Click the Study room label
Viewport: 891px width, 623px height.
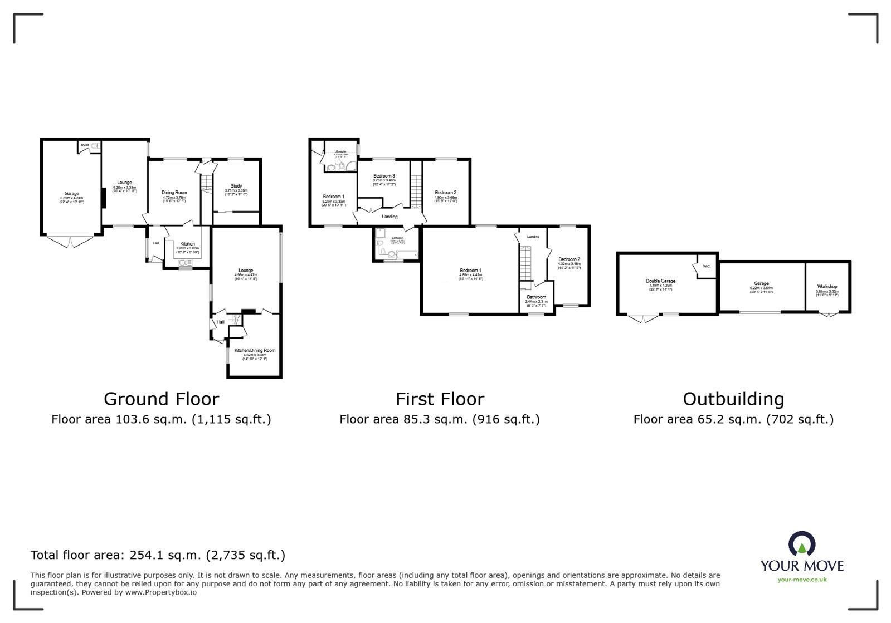coord(236,186)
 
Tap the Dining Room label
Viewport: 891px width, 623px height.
coord(174,193)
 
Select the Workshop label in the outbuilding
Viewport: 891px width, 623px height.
coord(827,286)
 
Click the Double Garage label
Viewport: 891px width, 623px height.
coord(660,281)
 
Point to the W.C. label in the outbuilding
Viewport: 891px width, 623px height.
coord(707,266)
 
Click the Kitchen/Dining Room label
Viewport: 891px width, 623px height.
coord(255,350)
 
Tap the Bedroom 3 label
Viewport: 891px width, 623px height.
coord(384,176)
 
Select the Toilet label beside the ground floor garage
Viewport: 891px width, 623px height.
coord(85,145)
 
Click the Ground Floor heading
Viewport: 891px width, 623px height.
coord(161,399)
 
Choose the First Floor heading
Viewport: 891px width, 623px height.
coord(440,399)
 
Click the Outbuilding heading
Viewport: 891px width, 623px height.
coord(733,399)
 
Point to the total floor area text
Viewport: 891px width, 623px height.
coord(158,555)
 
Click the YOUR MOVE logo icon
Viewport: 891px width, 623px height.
coord(802,543)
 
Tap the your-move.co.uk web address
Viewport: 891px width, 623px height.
coord(802,580)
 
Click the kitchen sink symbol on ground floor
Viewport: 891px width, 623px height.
coord(185,262)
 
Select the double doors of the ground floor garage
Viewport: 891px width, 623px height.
coord(71,242)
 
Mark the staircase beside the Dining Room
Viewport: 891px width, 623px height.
coord(206,183)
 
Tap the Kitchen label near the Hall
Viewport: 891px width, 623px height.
coord(187,244)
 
